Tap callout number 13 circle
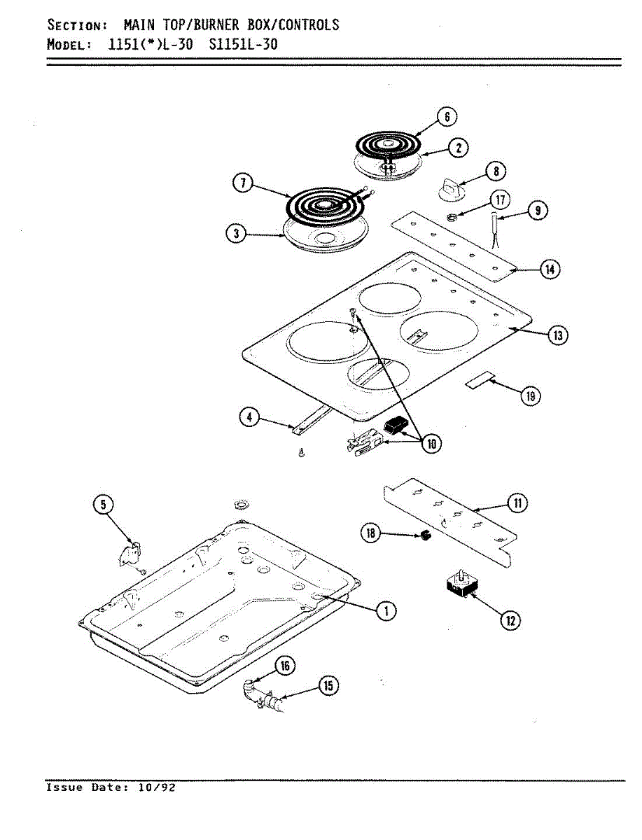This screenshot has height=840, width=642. pyautogui.click(x=557, y=336)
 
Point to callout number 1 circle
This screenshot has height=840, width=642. pyautogui.click(x=384, y=610)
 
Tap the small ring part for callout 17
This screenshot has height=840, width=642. pyautogui.click(x=453, y=217)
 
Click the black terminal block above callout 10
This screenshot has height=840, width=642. pyautogui.click(x=396, y=425)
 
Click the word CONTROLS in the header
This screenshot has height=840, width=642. pyautogui.click(x=307, y=25)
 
